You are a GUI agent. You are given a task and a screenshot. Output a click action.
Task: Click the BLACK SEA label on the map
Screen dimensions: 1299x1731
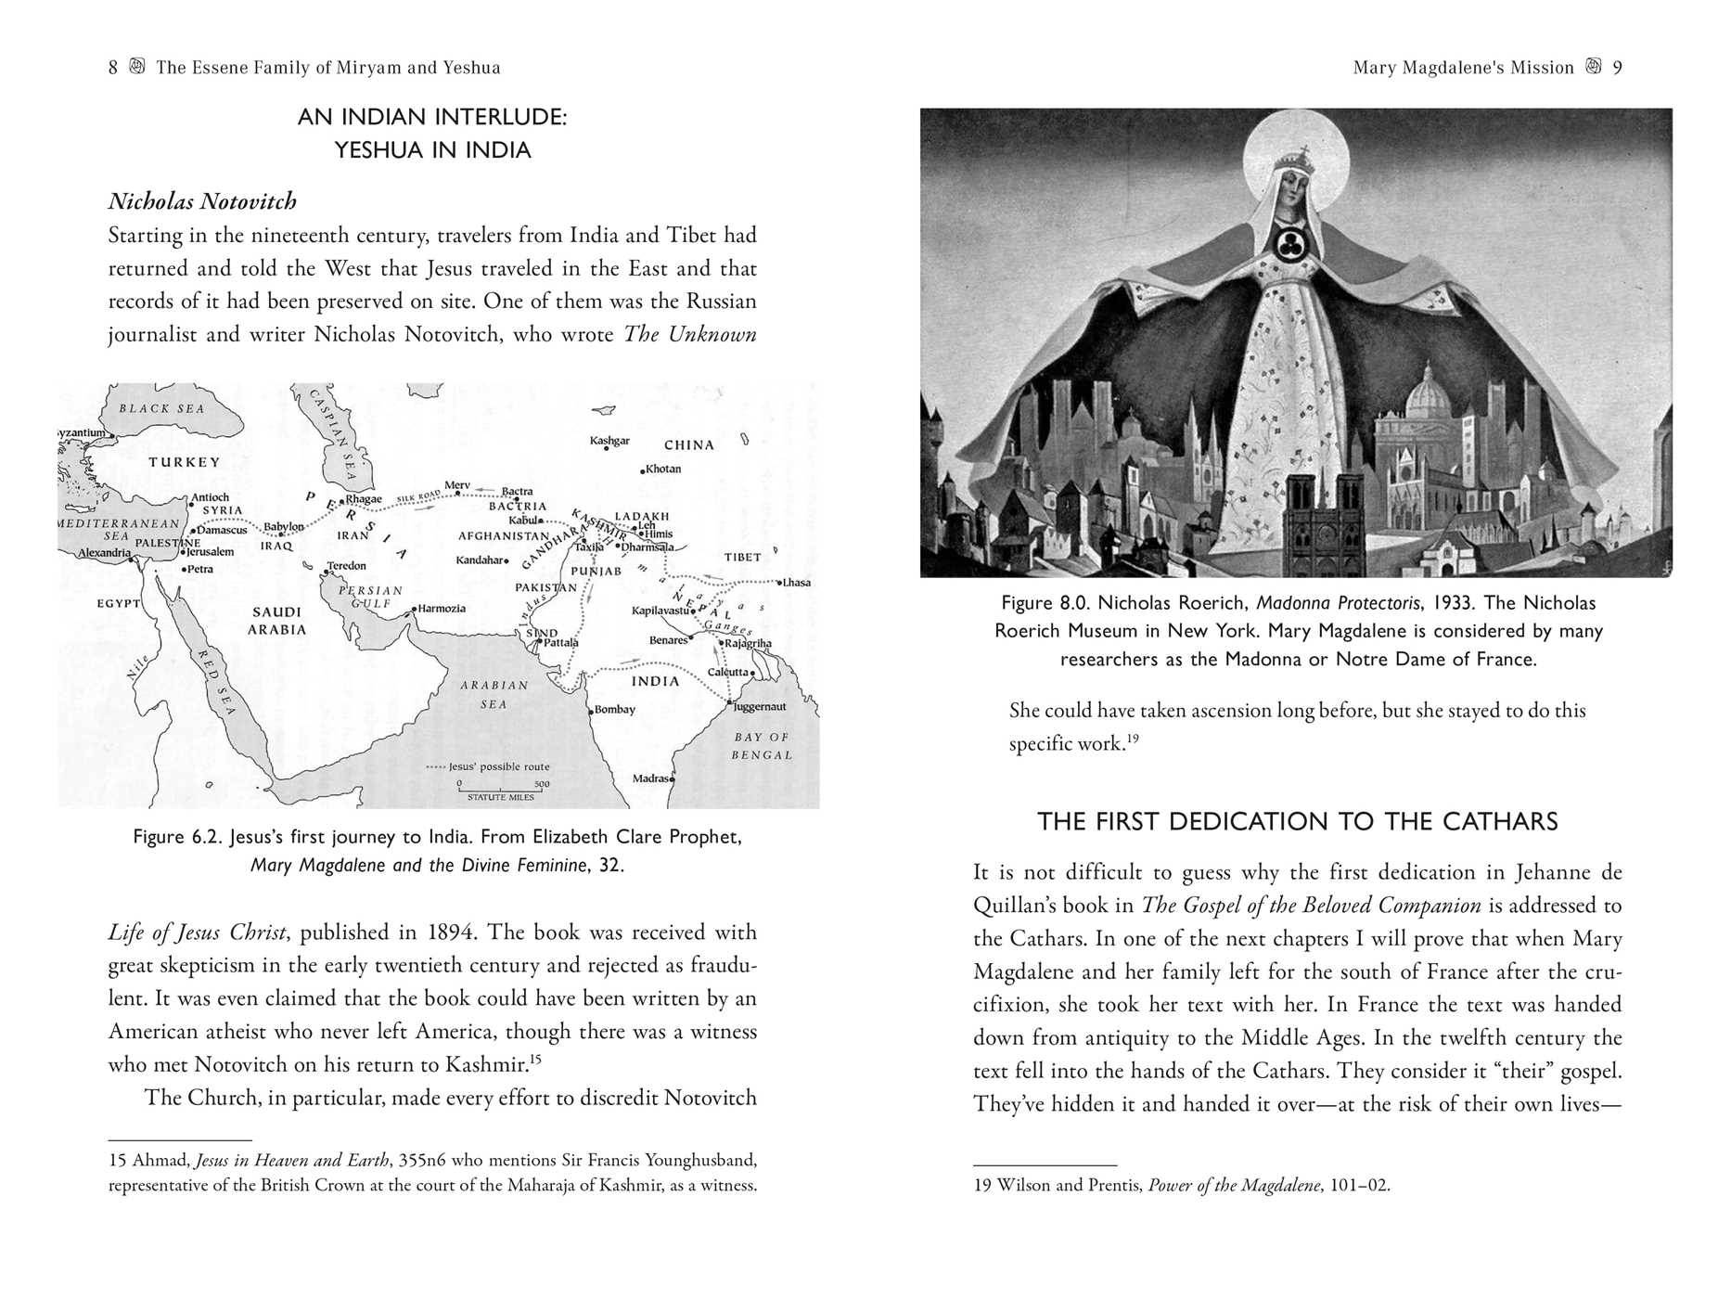[x=161, y=408]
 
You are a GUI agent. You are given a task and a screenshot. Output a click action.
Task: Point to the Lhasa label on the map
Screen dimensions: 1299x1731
[x=796, y=583]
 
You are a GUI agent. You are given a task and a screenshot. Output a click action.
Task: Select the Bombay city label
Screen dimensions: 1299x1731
[x=614, y=710]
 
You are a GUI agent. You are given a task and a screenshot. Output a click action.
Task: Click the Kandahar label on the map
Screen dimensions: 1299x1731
[x=481, y=560]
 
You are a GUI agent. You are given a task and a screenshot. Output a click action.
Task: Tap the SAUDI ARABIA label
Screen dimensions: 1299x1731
[x=276, y=621]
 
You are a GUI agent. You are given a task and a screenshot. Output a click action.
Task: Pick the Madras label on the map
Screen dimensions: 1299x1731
[x=651, y=778]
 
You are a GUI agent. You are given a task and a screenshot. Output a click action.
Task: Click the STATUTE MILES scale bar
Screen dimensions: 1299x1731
[x=501, y=790]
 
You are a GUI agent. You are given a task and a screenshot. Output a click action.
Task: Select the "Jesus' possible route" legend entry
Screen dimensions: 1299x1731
[x=488, y=767]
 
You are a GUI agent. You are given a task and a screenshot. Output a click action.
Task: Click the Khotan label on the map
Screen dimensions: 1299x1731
[x=662, y=469]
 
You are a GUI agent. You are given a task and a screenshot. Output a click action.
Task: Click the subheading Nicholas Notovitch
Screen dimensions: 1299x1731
[x=202, y=201]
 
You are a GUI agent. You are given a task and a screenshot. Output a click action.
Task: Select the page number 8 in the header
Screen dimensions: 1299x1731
[x=113, y=68]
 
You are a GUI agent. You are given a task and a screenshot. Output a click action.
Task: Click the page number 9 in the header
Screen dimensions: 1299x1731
[x=1618, y=68]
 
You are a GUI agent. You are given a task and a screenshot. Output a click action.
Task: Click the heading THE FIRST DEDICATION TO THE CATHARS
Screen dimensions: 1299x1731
[x=1297, y=822]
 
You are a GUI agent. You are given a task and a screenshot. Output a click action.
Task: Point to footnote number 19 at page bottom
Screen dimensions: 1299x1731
[x=983, y=1186]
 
